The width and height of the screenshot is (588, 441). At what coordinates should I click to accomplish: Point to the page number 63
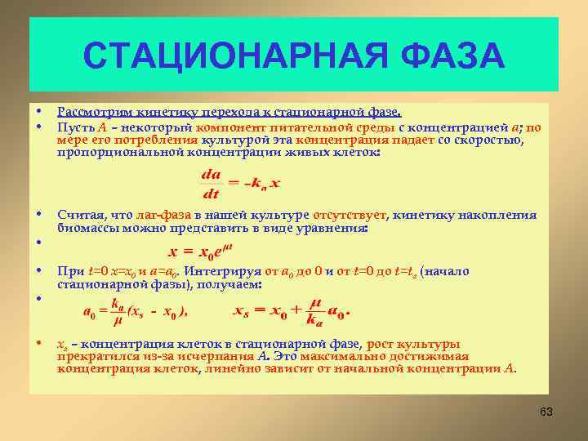[x=546, y=412]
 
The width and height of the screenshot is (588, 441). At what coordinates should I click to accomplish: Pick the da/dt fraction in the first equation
[x=211, y=184]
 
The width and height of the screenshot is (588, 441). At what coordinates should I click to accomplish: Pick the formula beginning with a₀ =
[x=136, y=310]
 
